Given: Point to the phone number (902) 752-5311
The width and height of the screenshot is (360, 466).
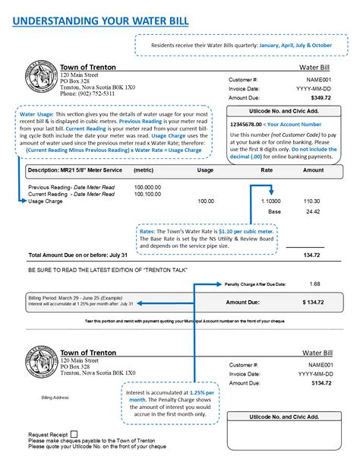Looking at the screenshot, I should pyautogui.click(x=89, y=94).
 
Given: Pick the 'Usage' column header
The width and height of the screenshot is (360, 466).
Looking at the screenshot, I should pyautogui.click(x=205, y=170).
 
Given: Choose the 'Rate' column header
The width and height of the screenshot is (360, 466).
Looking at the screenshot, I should pyautogui.click(x=267, y=170).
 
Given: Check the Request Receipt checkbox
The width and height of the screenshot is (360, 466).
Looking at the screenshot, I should pyautogui.click(x=73, y=434).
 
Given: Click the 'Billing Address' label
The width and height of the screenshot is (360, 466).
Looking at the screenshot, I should pyautogui.click(x=55, y=397).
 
